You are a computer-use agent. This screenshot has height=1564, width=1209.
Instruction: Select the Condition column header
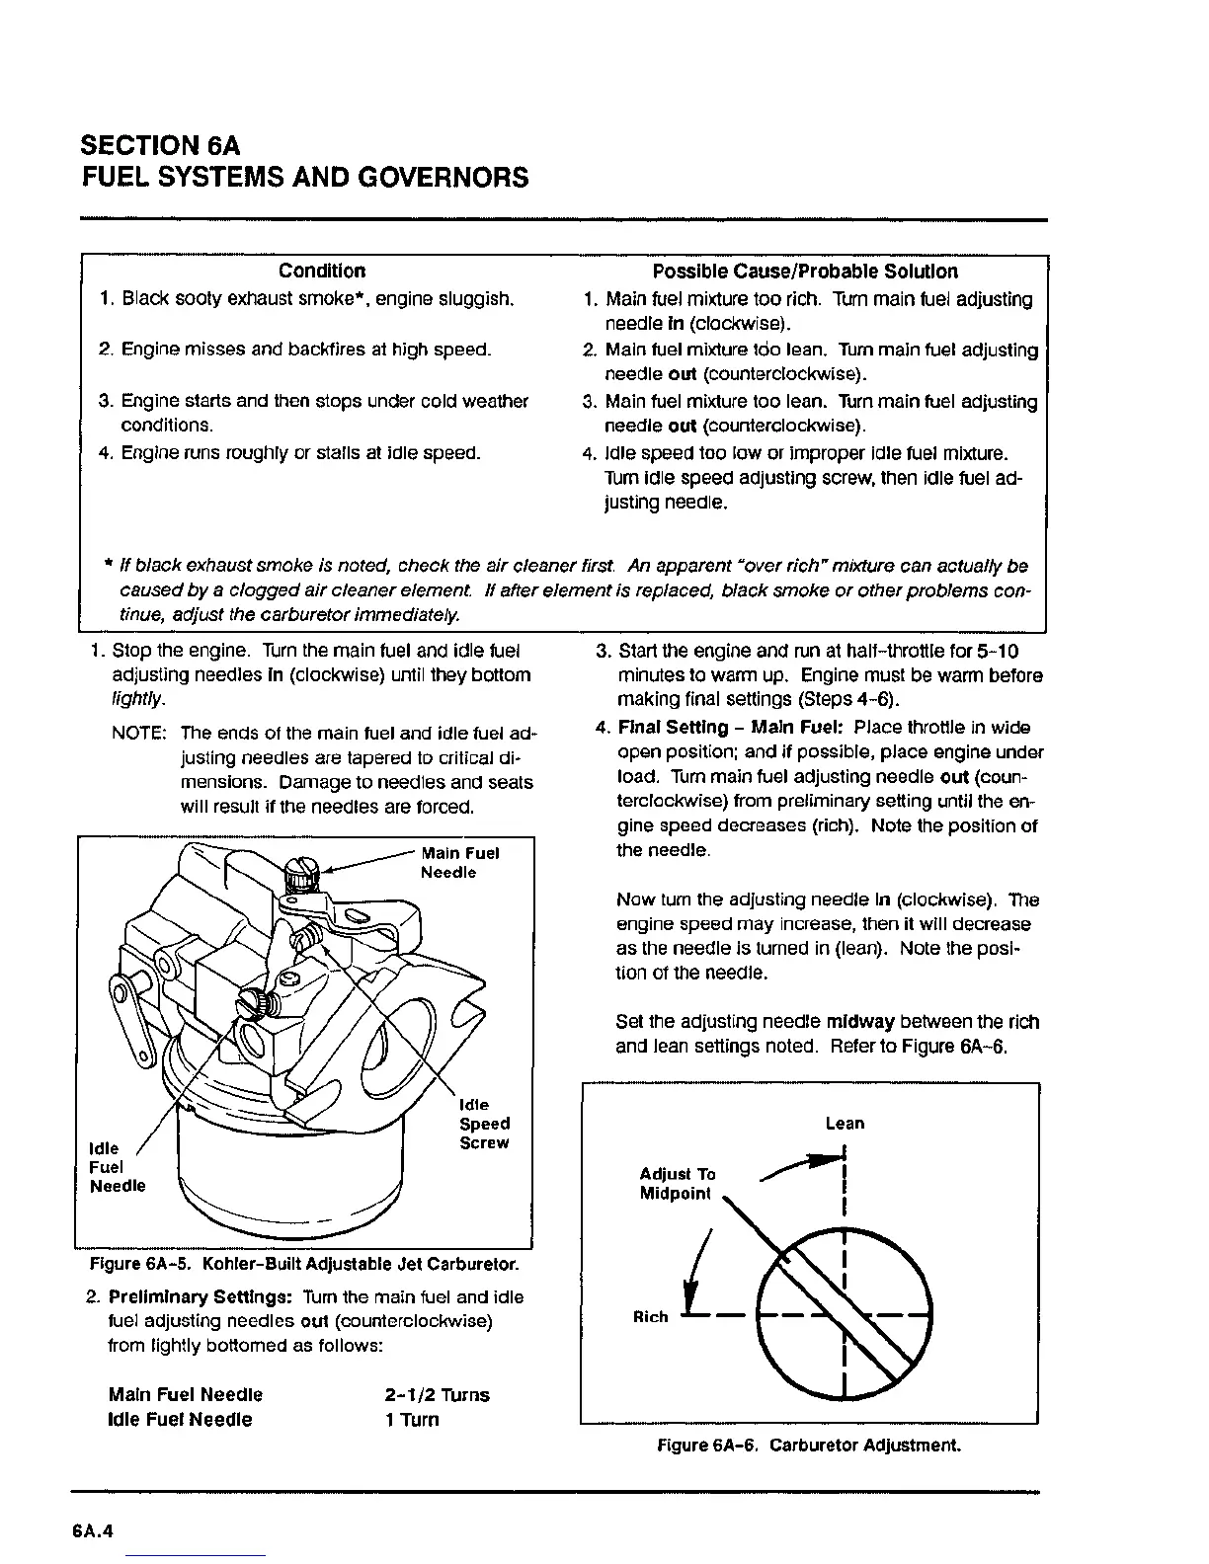coord(321,271)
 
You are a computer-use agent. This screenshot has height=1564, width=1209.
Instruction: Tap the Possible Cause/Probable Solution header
coord(805,271)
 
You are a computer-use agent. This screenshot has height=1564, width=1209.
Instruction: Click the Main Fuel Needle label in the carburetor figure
coord(459,863)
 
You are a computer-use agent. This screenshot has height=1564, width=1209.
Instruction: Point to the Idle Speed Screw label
coord(484,1124)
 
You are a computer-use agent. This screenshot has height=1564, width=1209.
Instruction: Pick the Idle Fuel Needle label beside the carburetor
coord(117,1167)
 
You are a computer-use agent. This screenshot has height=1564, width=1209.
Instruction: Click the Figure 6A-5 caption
coord(304,1265)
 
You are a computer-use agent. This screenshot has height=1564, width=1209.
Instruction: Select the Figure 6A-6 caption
coord(809,1447)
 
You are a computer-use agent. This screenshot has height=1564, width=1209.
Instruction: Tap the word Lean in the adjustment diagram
coord(845,1124)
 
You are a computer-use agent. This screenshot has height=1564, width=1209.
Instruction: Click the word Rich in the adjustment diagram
coord(650,1317)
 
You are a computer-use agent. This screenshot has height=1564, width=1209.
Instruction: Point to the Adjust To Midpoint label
coord(677,1184)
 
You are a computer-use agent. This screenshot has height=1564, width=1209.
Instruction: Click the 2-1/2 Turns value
coord(436,1395)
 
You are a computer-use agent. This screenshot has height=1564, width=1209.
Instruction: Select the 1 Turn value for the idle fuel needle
coord(411,1420)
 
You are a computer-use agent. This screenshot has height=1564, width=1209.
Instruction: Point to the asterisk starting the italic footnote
coord(107,566)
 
